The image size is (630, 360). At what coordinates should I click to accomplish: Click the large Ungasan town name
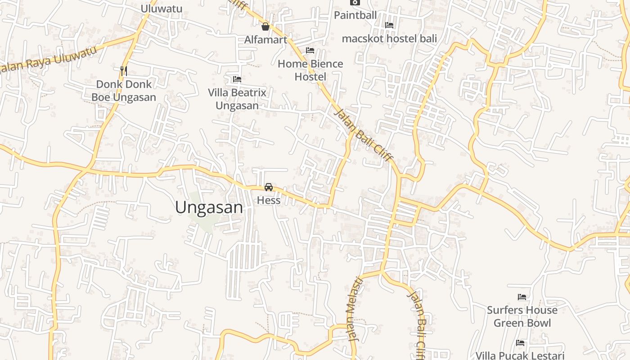(209, 207)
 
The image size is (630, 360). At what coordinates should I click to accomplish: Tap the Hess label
(269, 200)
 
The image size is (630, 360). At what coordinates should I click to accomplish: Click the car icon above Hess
(269, 187)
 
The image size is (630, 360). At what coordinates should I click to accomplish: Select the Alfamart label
(265, 40)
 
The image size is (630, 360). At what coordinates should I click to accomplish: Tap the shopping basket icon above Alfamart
(265, 27)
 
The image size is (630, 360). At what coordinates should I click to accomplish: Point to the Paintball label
(355, 15)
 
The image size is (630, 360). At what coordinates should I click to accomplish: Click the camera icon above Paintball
(355, 2)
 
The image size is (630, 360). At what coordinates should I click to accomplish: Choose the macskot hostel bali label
(389, 39)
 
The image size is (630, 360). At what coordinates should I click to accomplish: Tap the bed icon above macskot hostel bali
(389, 26)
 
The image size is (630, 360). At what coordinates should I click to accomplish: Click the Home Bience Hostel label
(310, 70)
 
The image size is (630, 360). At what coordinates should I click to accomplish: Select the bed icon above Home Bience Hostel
(310, 50)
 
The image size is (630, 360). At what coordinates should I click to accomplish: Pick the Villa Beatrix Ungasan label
(237, 99)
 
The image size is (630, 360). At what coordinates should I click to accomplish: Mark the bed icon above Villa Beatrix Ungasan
(237, 80)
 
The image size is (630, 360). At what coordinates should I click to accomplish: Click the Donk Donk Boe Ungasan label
(124, 90)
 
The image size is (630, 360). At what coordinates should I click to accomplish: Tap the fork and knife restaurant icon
(124, 71)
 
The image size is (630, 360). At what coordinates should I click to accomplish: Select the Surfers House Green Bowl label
(522, 316)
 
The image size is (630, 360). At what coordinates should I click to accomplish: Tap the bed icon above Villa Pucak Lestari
(520, 343)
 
